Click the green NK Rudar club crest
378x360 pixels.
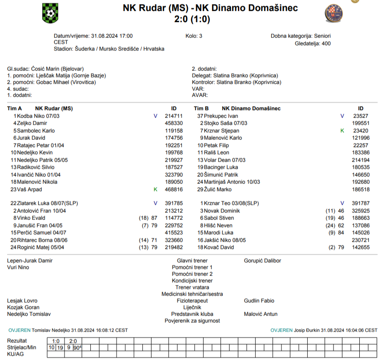[50, 13]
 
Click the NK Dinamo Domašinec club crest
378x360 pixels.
[334, 13]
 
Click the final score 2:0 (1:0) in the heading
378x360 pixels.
[193, 19]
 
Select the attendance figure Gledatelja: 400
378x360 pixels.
[313, 44]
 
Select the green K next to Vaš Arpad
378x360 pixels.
[155, 190]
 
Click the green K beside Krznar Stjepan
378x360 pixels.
[342, 131]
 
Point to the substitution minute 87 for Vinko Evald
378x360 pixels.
[154, 218]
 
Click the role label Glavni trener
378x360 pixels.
[192, 261]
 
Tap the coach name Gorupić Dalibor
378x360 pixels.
[262, 261]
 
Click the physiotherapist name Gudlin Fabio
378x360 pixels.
[259, 301]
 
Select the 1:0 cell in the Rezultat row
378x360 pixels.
[56, 341]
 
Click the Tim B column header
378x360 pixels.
[201, 109]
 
